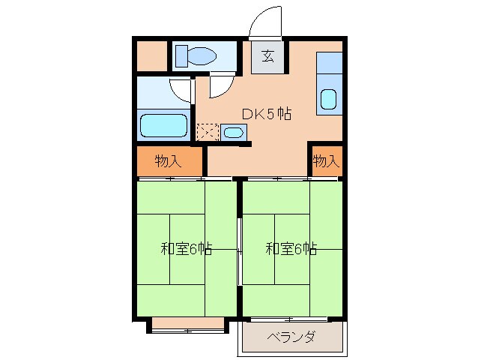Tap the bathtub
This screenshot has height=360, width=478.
tap(163, 125)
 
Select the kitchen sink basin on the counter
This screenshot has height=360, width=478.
tap(328, 99)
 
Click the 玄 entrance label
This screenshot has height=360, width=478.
tap(267, 55)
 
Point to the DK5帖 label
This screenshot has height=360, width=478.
tap(265, 114)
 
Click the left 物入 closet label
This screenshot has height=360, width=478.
tap(168, 160)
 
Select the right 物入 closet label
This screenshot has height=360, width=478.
tap(325, 160)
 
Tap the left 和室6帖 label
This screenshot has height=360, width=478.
tap(187, 248)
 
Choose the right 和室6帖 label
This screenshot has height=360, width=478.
tap(291, 248)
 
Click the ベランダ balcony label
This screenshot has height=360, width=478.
tap(291, 337)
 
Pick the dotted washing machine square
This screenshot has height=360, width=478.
tap(208, 133)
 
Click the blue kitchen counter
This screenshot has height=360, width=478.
tap(328, 82)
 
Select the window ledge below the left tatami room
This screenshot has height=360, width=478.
tap(187, 325)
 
